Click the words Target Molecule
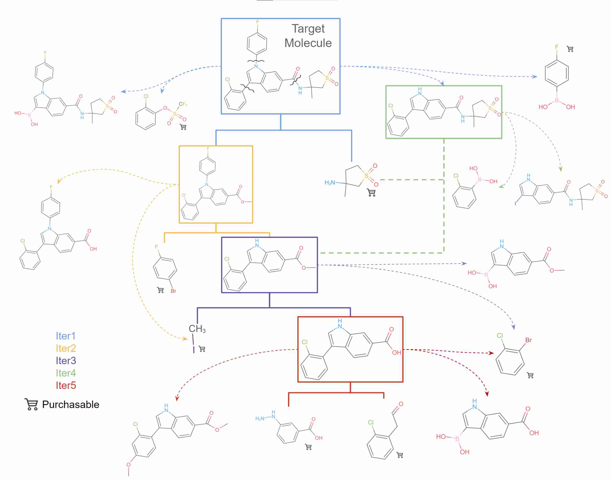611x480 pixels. [x=308, y=36]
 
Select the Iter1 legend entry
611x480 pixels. [x=66, y=336]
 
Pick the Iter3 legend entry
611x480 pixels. [x=66, y=361]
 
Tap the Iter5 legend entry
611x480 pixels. [x=66, y=386]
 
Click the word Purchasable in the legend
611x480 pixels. [x=71, y=405]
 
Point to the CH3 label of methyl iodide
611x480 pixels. [x=197, y=329]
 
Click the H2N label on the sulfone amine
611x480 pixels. [x=330, y=183]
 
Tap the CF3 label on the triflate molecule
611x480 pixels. [x=183, y=104]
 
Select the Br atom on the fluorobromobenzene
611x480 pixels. [x=174, y=291]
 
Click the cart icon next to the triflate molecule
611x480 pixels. [x=183, y=127]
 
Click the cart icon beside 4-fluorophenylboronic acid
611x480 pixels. [x=570, y=49]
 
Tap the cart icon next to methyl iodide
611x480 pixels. [x=202, y=349]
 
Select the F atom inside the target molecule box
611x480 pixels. [x=257, y=22]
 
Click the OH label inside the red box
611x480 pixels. [x=397, y=353]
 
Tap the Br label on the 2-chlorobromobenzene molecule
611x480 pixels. [x=528, y=340]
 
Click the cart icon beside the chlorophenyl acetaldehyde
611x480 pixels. [x=400, y=455]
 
